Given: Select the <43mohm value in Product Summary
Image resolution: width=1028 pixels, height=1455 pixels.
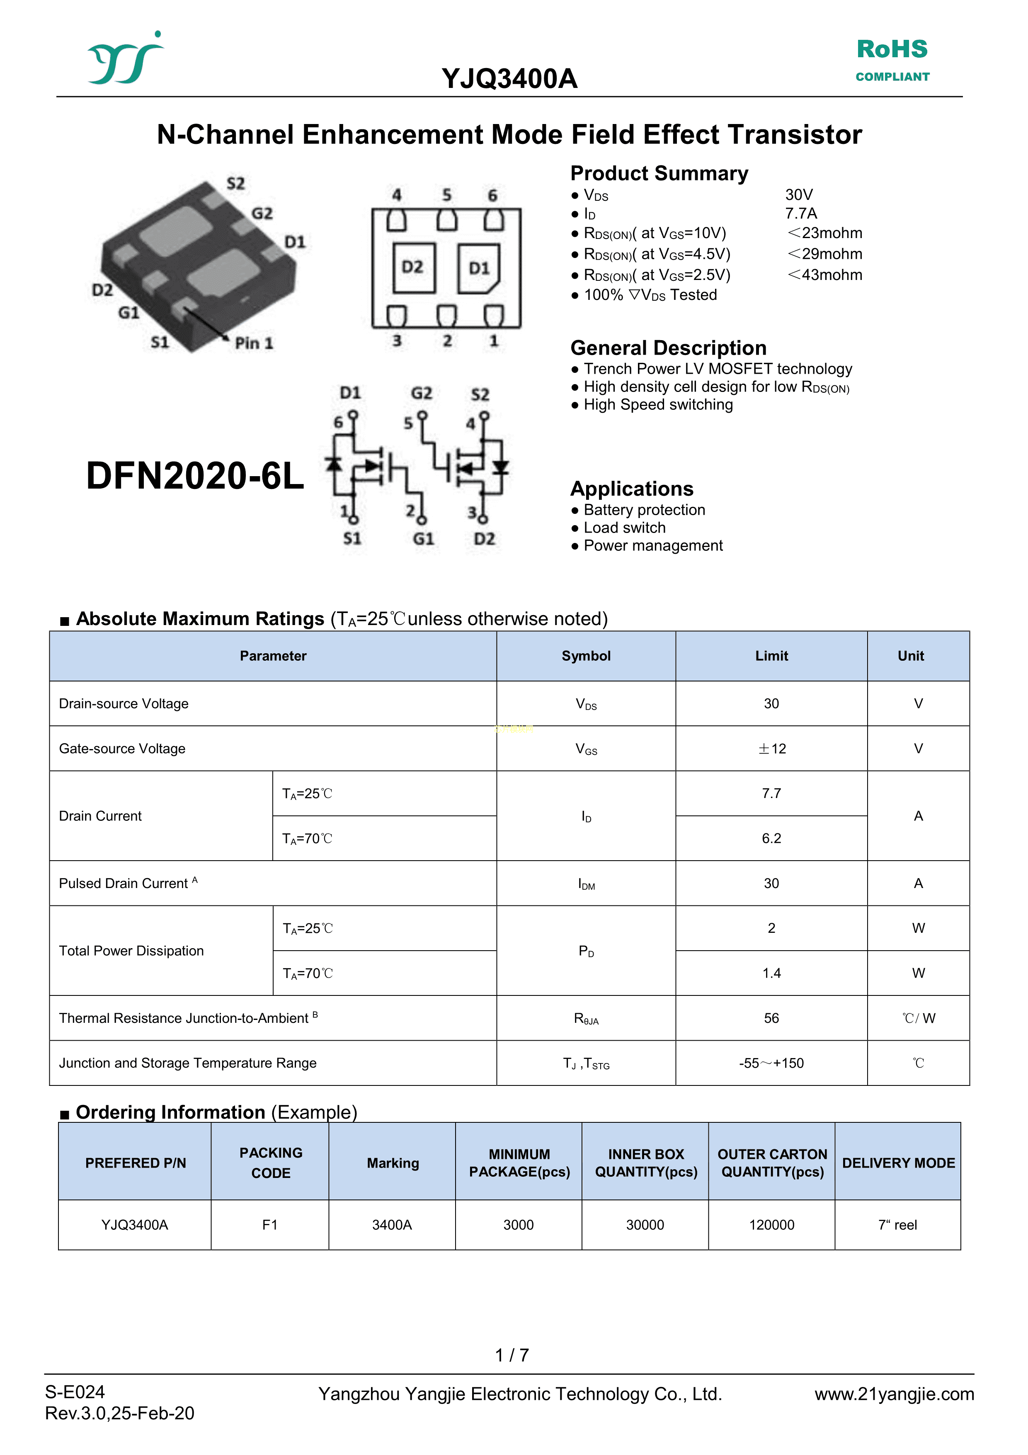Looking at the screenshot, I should pyautogui.click(x=825, y=275).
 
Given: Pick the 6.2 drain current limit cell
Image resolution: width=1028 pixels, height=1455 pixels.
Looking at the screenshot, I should pyautogui.click(x=771, y=838).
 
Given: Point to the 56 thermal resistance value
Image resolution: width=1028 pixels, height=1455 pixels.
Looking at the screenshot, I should pyautogui.click(x=771, y=1018).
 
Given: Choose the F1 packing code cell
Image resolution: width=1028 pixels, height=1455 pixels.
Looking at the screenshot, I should pyautogui.click(x=270, y=1225).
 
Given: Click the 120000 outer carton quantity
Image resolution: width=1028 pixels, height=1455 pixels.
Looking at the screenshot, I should pyautogui.click(x=771, y=1225).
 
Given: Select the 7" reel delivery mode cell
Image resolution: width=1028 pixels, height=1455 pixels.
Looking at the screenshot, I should pyautogui.click(x=897, y=1225).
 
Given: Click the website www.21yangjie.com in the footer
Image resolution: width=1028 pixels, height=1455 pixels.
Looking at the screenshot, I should pyautogui.click(x=894, y=1394).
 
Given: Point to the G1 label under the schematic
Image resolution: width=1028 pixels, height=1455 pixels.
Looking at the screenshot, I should pyautogui.click(x=423, y=539).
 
